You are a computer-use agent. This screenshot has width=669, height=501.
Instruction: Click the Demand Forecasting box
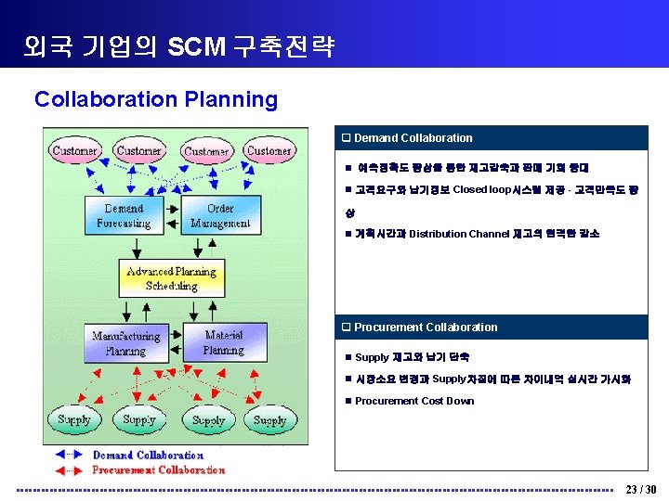coord(123,216)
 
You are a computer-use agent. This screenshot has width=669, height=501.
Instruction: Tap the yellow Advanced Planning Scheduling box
coord(171,278)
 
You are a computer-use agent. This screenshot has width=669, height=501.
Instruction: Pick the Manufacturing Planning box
coord(125,343)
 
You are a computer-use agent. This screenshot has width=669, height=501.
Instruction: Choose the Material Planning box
coord(223,342)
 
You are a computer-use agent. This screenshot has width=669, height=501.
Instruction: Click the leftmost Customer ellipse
coord(75,151)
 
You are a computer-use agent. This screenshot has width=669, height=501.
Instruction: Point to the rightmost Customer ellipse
coord(269,150)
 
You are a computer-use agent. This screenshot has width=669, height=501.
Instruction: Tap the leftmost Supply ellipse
coord(74,420)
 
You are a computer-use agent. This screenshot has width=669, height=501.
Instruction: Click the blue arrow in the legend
coord(69,456)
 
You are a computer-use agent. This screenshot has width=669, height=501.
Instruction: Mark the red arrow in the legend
coord(69,470)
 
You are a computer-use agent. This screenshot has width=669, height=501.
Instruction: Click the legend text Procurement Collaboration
coord(158,470)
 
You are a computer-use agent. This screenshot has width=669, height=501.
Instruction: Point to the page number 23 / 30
coord(641,489)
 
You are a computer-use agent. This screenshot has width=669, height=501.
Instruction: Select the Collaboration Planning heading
coord(156,99)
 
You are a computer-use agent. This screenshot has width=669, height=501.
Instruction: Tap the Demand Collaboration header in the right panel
coord(413,138)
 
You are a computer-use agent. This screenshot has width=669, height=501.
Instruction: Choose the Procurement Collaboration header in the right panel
coord(426,328)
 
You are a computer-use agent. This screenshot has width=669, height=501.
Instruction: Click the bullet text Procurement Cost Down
coord(414,402)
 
